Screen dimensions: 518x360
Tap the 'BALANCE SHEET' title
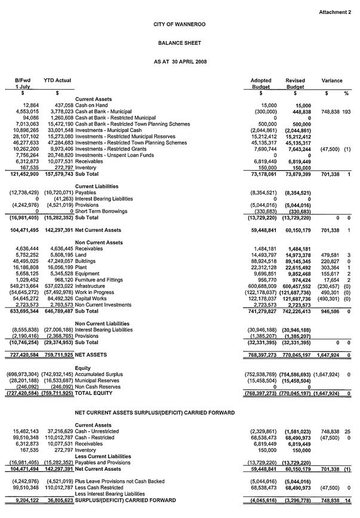[x=180, y=44]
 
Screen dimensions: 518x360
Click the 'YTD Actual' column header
[x=57, y=80]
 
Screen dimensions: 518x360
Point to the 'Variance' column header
[x=332, y=80]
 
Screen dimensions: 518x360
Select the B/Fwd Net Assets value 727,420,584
[x=21, y=354]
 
